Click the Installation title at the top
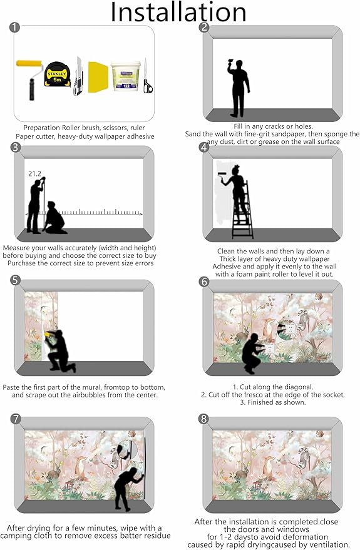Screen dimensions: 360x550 click(178, 13)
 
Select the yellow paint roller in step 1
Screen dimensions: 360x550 click(30, 79)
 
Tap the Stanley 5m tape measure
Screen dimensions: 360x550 click(57, 74)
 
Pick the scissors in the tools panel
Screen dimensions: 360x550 click(148, 76)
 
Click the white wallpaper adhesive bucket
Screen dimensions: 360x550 click(125, 76)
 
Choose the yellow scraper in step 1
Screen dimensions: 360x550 click(97, 77)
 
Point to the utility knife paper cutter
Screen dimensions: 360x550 click(78, 76)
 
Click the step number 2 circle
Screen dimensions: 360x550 click(204, 28)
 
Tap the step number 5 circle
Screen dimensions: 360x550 click(16, 280)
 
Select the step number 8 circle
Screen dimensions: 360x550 click(203, 419)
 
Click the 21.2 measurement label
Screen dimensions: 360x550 click(34, 173)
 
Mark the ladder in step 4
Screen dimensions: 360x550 click(242, 210)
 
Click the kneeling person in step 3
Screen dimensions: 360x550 click(54, 218)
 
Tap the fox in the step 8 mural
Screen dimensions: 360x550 click(269, 467)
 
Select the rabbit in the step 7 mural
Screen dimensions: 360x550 click(54, 471)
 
